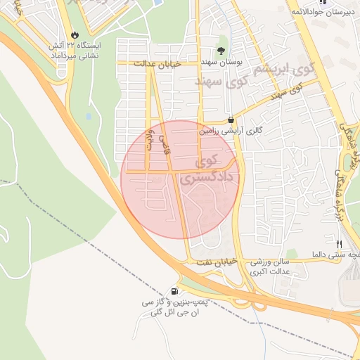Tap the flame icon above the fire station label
[x=75, y=34]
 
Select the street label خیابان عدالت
[x=162, y=63]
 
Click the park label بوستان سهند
[x=221, y=63]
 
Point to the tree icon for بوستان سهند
[x=221, y=51]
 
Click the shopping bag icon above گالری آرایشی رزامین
[x=231, y=120]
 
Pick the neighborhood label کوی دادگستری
[x=210, y=171]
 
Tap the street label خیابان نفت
[x=214, y=262]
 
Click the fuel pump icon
[x=174, y=291]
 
